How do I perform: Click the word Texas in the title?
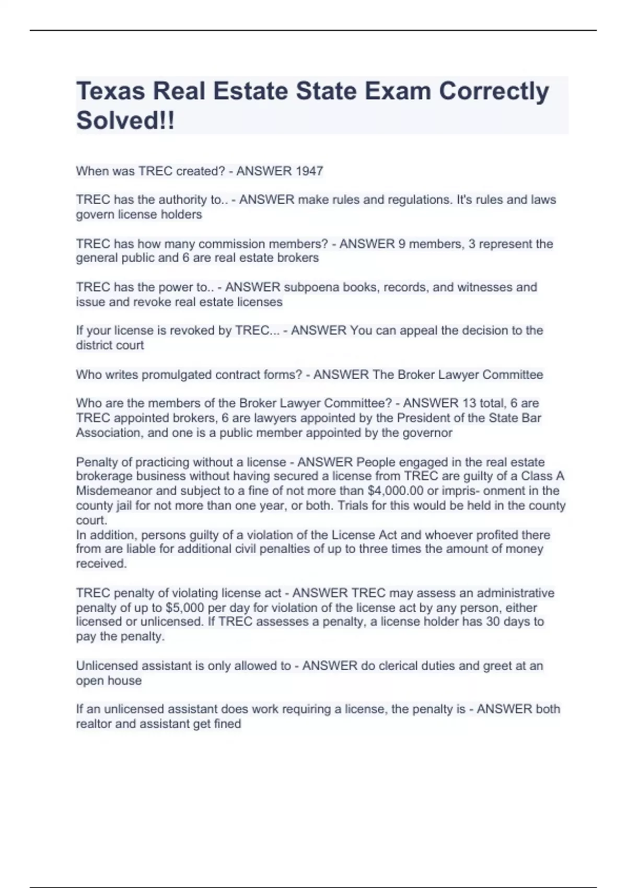[110, 91]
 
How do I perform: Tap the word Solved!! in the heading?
[125, 121]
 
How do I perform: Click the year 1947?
[309, 171]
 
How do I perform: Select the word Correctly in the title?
[494, 91]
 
